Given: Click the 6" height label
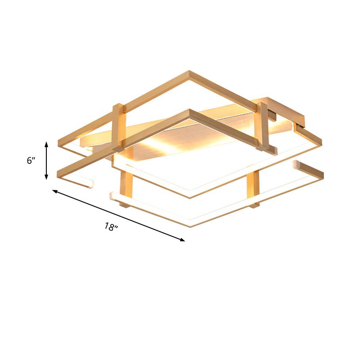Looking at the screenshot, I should tap(31, 161).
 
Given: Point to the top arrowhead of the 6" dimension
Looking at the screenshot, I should tap(46, 144).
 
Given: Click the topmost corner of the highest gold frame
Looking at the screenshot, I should tap(189, 72).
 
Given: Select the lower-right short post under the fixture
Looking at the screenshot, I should tap(253, 189).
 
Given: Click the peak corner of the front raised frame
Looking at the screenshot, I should tap(189, 111).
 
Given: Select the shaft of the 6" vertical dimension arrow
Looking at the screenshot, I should tap(46, 161).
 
